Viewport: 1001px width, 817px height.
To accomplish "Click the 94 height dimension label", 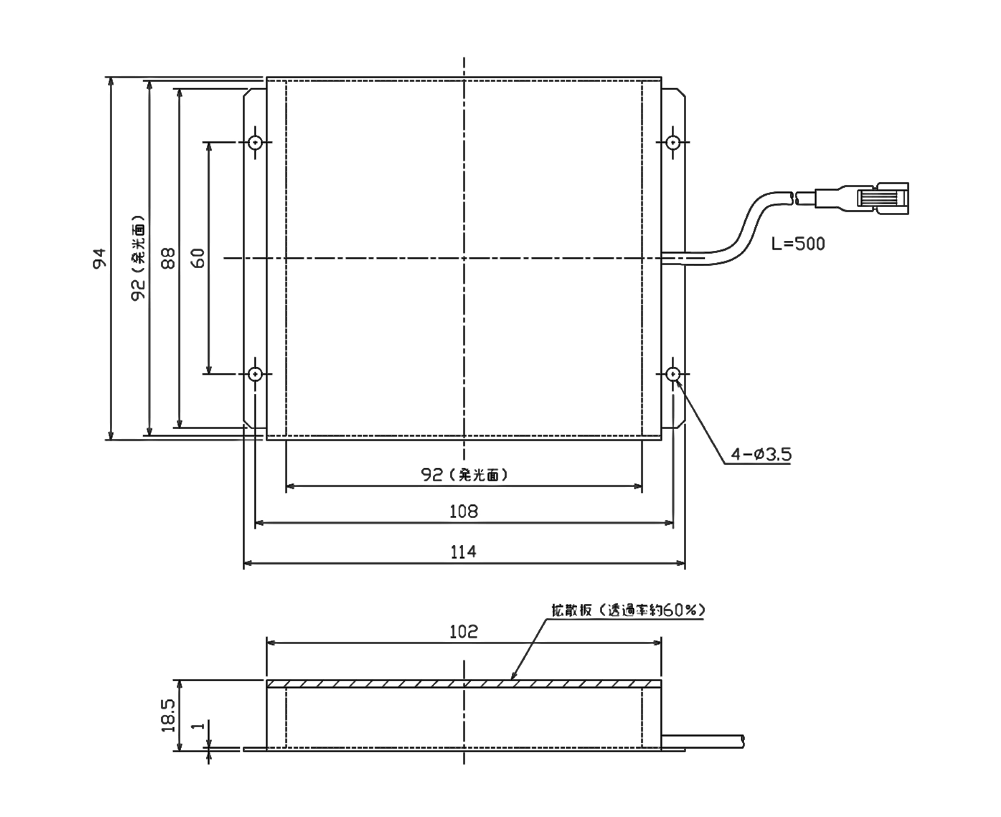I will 99,258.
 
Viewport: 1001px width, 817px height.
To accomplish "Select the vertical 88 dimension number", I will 168,258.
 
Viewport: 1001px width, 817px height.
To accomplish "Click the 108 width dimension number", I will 463,512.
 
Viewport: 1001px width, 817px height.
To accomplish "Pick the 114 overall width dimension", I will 463,552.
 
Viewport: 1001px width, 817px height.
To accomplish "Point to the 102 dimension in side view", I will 463,632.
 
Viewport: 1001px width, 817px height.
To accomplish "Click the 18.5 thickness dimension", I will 168,715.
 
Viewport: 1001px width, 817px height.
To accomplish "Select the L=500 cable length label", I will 798,244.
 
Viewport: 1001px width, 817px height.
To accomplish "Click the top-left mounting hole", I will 255,142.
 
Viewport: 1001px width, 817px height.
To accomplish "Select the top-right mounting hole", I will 673,142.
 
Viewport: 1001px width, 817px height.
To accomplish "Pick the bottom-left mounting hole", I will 255,374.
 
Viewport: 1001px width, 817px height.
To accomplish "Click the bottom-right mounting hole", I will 673,374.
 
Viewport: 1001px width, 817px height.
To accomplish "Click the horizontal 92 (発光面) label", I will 464,475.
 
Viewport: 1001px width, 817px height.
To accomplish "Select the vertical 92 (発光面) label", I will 138,258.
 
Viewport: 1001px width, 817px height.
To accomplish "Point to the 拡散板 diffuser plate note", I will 628,610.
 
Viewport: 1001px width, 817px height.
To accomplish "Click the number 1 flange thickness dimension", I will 199,726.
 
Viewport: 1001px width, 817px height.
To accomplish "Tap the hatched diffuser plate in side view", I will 463,684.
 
